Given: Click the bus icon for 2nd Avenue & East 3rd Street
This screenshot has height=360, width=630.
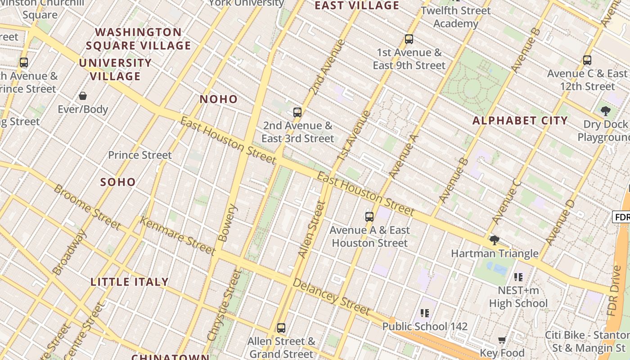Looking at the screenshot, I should (297, 112).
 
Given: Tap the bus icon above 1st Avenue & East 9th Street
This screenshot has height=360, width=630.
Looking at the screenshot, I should (409, 39).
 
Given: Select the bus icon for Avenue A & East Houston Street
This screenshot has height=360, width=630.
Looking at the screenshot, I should (369, 217).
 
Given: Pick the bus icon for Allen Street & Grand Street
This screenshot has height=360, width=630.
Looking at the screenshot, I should (281, 328).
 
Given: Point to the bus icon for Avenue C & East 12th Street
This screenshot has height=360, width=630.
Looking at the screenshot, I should (587, 60).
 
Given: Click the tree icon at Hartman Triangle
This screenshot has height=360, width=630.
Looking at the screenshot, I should (494, 240).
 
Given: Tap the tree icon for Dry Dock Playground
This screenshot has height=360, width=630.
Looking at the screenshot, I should (605, 111).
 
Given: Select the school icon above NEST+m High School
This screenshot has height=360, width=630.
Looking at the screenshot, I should (518, 277).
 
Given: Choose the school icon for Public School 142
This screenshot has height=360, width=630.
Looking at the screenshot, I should (424, 313).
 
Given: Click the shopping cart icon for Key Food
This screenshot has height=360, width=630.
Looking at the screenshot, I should (502, 340).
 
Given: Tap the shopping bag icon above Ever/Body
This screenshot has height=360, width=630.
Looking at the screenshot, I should (83, 96).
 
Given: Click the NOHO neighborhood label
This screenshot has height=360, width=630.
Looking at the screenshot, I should (219, 99).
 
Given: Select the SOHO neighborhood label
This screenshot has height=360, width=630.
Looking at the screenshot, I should (118, 182).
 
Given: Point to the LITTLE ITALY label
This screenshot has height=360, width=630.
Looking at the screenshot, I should (130, 282).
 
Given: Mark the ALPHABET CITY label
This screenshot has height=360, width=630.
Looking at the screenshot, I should (520, 121).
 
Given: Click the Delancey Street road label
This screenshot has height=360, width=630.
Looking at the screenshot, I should (331, 297).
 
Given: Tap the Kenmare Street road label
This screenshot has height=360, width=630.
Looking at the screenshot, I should (177, 235).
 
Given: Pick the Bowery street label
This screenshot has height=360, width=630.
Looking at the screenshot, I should (226, 223).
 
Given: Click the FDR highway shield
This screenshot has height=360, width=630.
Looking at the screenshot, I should (621, 217).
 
